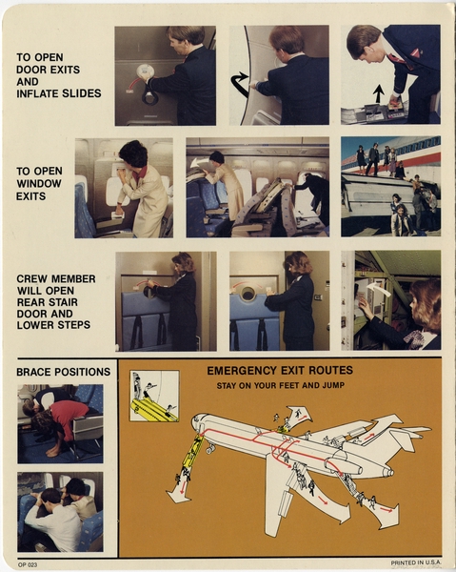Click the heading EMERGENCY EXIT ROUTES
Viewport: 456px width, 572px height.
click(279, 370)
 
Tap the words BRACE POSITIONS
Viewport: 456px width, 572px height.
click(63, 371)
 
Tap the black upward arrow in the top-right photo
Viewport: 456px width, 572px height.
click(378, 93)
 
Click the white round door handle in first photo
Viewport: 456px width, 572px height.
click(145, 71)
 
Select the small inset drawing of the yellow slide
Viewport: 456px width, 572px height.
click(153, 396)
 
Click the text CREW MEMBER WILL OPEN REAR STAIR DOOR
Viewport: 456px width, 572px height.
click(55, 301)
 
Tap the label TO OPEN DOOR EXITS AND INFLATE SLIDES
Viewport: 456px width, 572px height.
click(53, 75)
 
